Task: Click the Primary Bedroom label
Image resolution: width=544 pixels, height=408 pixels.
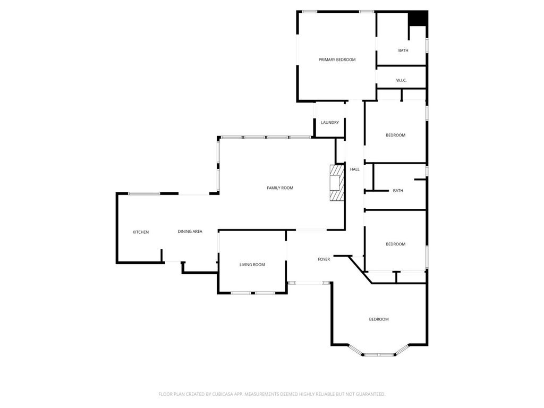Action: pyautogui.click(x=337, y=59)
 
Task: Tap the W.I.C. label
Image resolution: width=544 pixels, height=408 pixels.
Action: pyautogui.click(x=401, y=80)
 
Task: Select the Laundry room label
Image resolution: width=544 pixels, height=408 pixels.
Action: pyautogui.click(x=329, y=123)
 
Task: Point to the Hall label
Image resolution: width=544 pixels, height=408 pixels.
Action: pyautogui.click(x=354, y=169)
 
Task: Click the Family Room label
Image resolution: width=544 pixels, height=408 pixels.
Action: pyautogui.click(x=280, y=188)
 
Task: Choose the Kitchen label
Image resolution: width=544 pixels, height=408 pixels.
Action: pyautogui.click(x=141, y=232)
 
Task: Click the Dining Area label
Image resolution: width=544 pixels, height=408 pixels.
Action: pyautogui.click(x=190, y=231)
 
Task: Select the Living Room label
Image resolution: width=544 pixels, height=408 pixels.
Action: pyautogui.click(x=252, y=265)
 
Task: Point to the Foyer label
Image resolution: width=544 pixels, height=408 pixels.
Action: pyautogui.click(x=324, y=259)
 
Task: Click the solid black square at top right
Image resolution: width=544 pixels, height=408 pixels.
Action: pyautogui.click(x=419, y=18)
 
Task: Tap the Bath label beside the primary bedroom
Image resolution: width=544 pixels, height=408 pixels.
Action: pyautogui.click(x=403, y=50)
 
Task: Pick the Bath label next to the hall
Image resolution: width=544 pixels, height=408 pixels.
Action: pyautogui.click(x=398, y=191)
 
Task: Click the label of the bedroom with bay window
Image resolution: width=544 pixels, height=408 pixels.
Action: pyautogui.click(x=379, y=319)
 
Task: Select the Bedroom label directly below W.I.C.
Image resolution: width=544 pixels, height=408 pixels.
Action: pyautogui.click(x=395, y=135)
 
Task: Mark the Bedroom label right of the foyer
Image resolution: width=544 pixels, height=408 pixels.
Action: pyautogui.click(x=395, y=244)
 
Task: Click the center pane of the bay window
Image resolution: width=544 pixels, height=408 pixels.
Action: pyautogui.click(x=379, y=354)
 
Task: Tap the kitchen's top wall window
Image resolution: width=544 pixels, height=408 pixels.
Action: pyautogui.click(x=144, y=193)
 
